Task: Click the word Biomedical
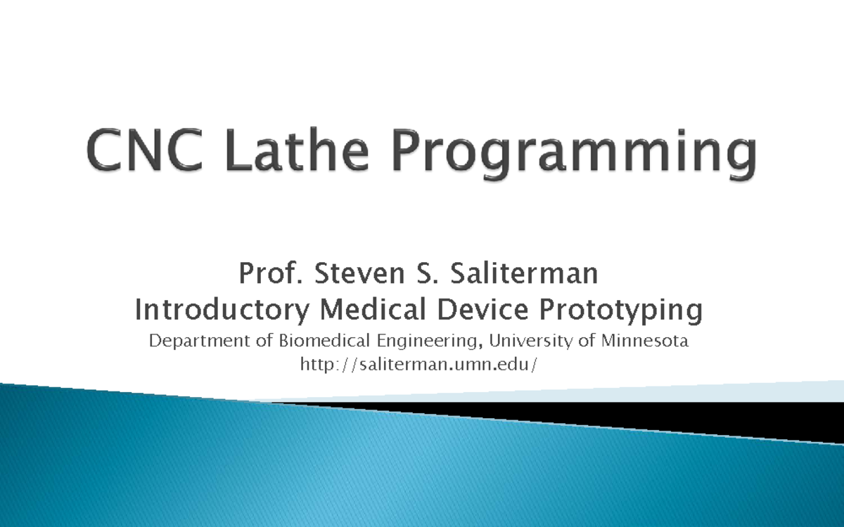[316, 342]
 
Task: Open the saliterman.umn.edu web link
[422, 364]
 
